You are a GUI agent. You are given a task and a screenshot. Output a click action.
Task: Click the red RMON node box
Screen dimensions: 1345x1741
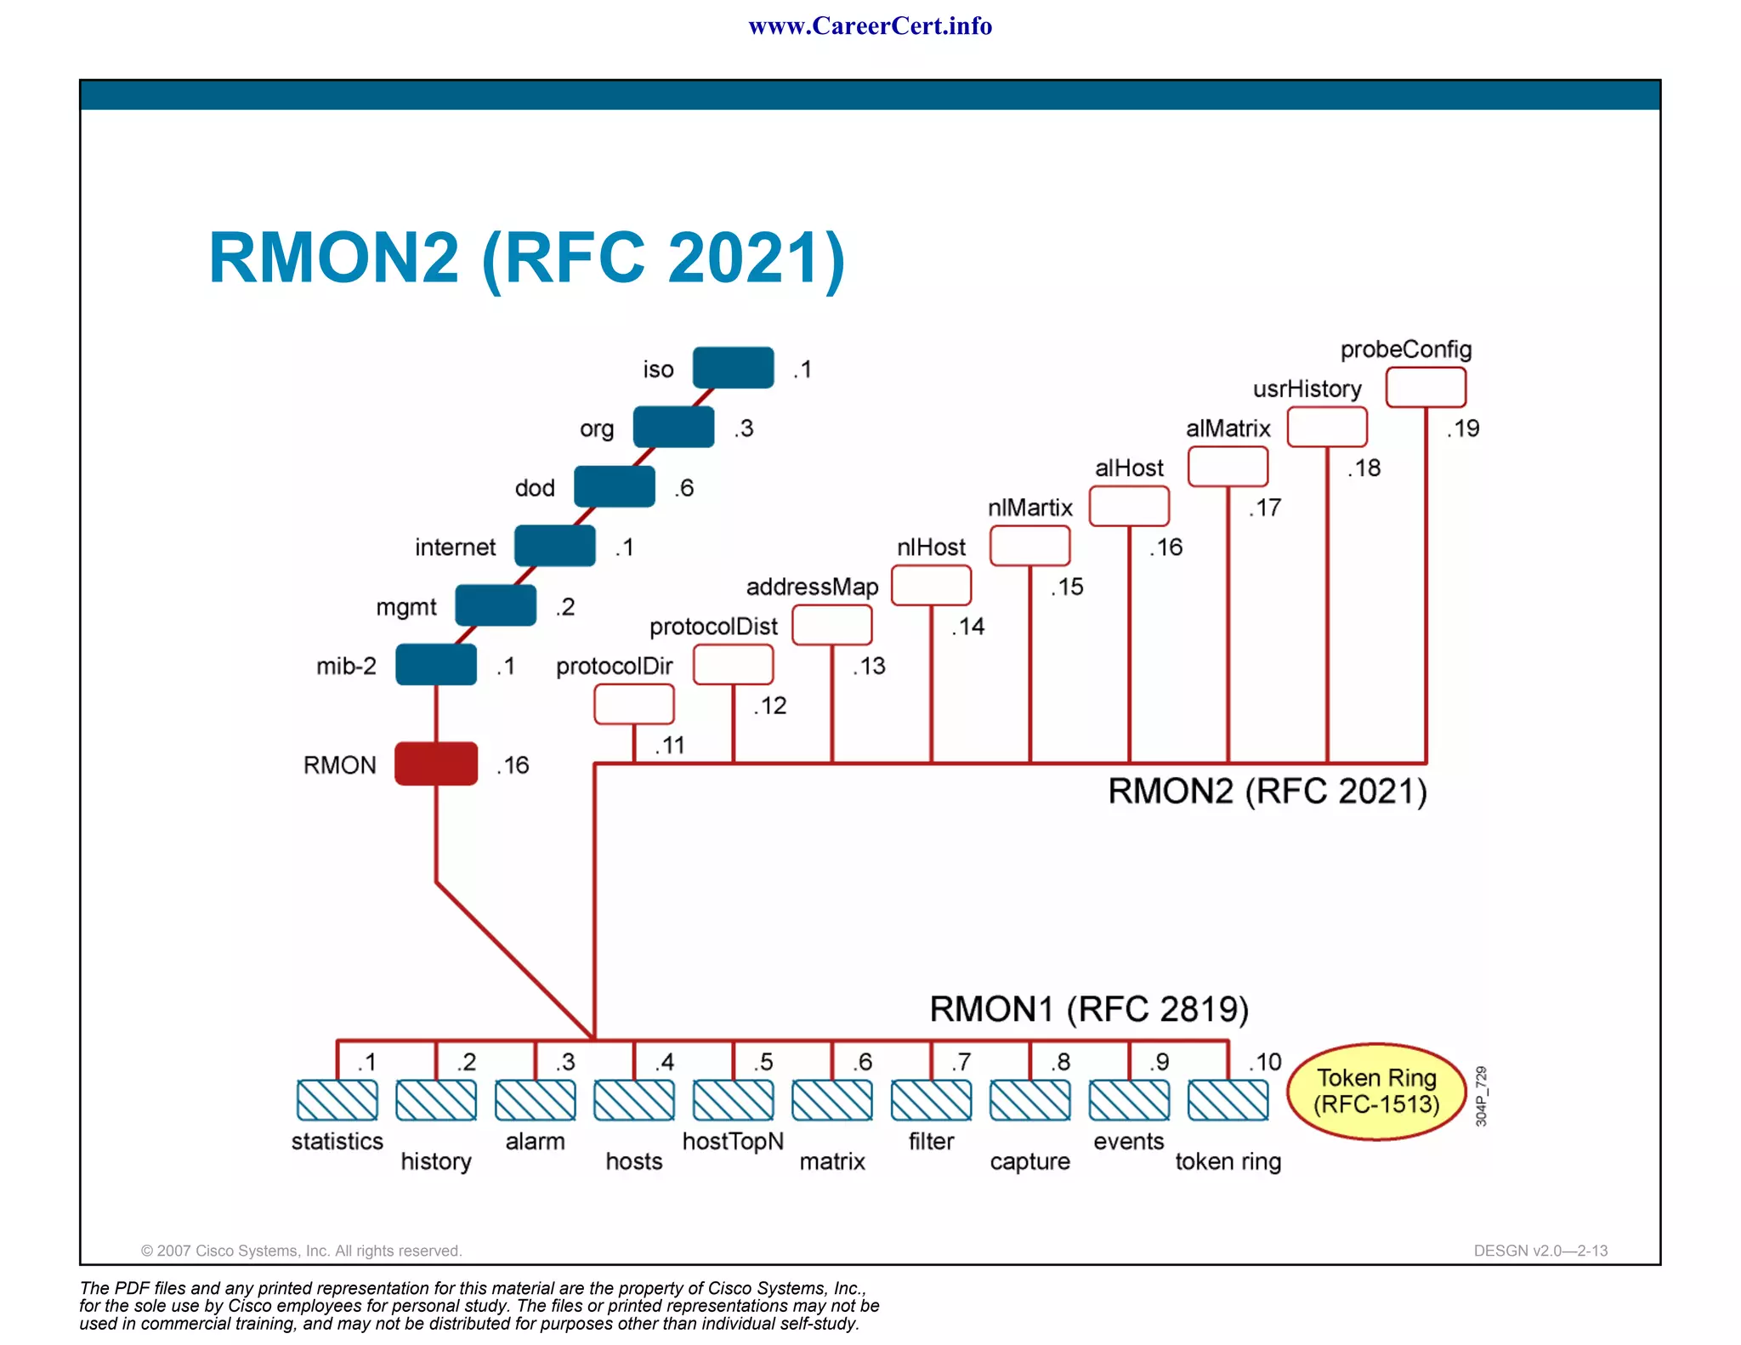coord(436,763)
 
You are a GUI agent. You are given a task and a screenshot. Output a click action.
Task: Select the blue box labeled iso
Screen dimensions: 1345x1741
coord(733,367)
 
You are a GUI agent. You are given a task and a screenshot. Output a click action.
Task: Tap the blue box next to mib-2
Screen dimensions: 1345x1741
coord(436,664)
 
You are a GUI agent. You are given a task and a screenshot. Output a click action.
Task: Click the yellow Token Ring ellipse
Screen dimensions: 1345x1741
coord(1376,1091)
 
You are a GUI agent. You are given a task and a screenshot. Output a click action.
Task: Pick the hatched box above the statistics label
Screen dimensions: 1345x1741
coord(337,1100)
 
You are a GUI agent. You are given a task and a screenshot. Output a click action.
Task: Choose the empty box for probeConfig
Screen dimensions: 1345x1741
coord(1426,388)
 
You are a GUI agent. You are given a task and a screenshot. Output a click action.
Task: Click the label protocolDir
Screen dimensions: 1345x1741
coord(614,666)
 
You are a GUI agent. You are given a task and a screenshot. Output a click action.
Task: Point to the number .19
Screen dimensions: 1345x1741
coord(1463,428)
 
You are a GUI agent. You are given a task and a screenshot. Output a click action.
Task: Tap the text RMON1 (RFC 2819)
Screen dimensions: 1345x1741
coord(1089,1009)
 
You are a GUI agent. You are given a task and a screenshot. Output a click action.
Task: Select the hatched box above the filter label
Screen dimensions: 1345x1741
coord(931,1100)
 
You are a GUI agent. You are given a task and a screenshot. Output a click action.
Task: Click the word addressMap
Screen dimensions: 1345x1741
coord(812,587)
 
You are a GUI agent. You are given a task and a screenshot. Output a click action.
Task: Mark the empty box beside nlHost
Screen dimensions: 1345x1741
coord(931,586)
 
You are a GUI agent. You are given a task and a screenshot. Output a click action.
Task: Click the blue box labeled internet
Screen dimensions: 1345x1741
coord(555,546)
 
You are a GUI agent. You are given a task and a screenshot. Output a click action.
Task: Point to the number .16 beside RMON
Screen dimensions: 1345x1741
coord(513,765)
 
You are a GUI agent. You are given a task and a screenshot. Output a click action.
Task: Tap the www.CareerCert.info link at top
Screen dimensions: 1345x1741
coord(870,26)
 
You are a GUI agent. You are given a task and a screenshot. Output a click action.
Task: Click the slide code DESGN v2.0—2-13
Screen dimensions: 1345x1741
coord(1540,1251)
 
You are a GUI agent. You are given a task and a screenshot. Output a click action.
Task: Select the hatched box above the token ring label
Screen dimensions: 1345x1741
coord(1228,1100)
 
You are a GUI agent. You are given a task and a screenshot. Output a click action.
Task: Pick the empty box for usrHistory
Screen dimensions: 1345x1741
coord(1327,427)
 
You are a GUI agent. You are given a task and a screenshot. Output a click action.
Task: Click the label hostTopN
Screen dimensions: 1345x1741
coord(733,1141)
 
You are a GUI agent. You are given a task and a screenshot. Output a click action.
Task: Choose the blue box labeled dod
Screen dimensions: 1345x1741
coord(615,486)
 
